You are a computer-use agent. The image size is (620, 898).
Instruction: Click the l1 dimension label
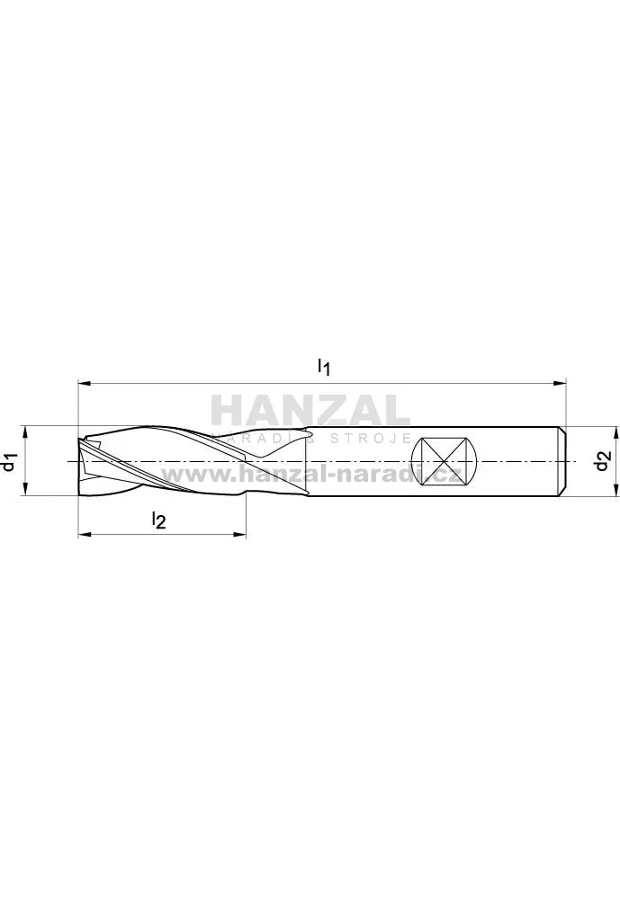coord(324,367)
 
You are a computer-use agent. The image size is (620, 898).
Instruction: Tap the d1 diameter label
coord(10,462)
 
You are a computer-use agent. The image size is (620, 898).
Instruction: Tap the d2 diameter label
coord(601,461)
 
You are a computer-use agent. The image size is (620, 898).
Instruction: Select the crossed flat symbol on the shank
coord(445,461)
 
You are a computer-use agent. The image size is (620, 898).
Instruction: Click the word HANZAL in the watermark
coord(310,411)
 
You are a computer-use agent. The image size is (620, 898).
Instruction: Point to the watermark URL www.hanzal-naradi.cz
coord(311,475)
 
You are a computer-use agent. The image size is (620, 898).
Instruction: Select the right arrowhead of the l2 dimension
coord(239,535)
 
